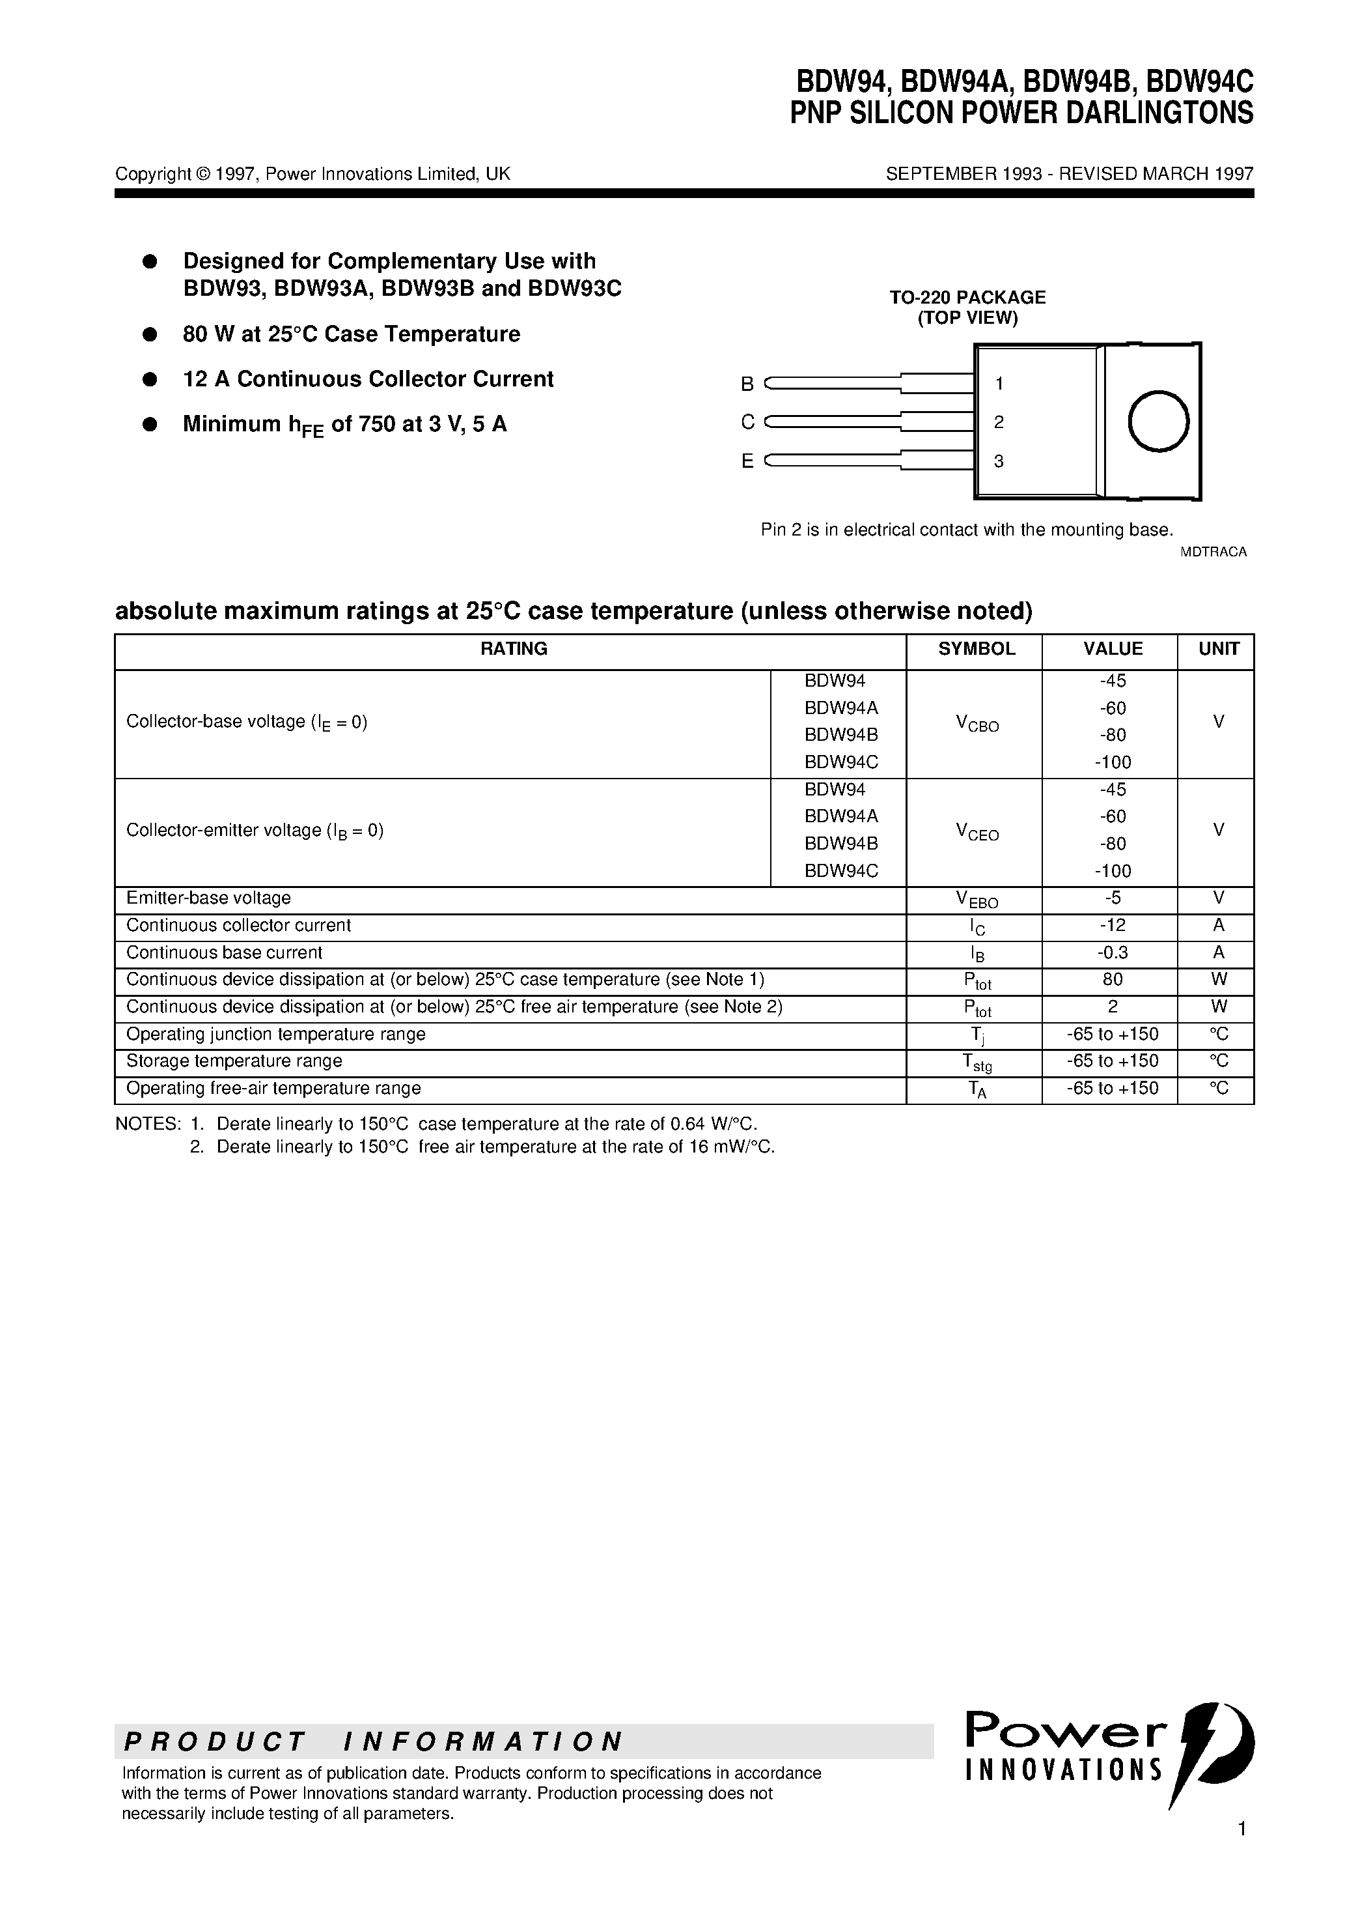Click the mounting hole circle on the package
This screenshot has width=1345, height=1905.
[1158, 422]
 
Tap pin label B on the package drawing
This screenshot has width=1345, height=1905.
[747, 384]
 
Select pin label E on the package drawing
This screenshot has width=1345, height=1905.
[747, 461]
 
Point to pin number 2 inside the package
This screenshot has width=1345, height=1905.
[999, 422]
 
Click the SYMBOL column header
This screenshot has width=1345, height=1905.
[976, 649]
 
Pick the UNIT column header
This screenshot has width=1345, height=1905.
[1218, 649]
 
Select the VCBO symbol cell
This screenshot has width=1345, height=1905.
[977, 724]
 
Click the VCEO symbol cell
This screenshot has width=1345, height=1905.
[977, 832]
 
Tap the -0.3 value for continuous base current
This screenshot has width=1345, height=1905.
[1113, 952]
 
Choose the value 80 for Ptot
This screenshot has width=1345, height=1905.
[1113, 979]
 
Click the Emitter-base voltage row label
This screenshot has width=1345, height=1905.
[208, 898]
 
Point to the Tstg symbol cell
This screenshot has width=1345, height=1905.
[977, 1062]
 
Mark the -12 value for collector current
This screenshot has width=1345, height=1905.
[1113, 925]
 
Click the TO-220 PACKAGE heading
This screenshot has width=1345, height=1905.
[967, 297]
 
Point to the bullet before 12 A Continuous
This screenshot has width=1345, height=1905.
[150, 379]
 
